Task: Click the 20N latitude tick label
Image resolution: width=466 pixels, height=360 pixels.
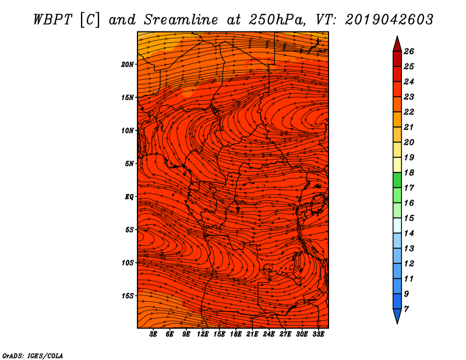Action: click(128, 65)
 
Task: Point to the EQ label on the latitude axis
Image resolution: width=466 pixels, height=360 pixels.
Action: click(129, 197)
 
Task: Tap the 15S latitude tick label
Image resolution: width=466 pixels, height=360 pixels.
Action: click(128, 296)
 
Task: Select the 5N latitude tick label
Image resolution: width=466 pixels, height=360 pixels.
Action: click(129, 164)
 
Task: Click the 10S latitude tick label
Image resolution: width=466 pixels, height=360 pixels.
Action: click(128, 263)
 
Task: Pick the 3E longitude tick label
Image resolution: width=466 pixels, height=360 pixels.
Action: click(153, 334)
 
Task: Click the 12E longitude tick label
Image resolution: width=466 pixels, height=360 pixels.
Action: click(203, 334)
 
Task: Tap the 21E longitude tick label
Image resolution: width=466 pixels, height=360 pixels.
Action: click(252, 334)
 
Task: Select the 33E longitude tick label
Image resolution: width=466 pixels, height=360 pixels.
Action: click(318, 334)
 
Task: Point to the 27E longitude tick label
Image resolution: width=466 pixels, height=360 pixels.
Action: click(285, 334)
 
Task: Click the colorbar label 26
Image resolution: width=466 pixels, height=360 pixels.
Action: click(409, 51)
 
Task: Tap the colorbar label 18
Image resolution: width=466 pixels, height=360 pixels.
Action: click(409, 172)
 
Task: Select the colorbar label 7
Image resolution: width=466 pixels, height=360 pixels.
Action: click(406, 309)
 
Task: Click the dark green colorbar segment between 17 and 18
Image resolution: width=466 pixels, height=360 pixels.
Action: click(397, 180)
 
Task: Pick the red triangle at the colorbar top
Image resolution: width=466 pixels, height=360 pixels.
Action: click(397, 45)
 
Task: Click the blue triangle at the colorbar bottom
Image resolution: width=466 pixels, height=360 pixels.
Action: click(397, 316)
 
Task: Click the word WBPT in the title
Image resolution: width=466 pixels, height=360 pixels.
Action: click(53, 20)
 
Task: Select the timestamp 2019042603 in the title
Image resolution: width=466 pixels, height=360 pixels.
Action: click(389, 20)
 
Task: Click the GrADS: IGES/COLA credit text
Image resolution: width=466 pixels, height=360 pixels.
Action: click(33, 356)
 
